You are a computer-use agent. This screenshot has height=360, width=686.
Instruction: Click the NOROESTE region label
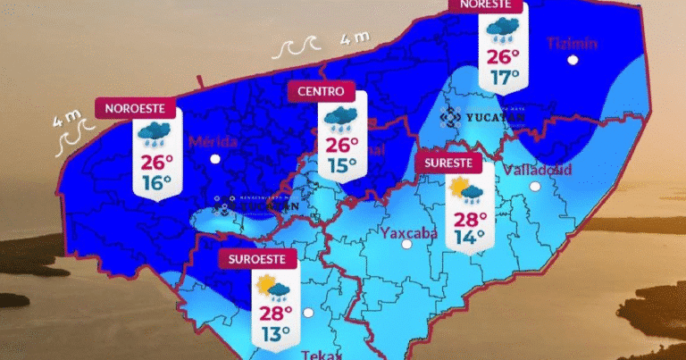(x=135, y=108)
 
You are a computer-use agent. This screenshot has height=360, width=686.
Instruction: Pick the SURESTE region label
(x=448, y=163)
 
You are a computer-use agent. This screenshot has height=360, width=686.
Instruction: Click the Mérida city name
(x=213, y=141)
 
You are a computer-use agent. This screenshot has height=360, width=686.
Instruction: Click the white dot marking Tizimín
(x=573, y=60)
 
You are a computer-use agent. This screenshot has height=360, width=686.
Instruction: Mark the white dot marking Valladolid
(x=535, y=187)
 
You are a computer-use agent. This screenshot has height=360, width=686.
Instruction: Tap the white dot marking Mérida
(x=214, y=159)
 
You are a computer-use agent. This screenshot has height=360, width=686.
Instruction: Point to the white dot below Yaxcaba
(x=406, y=244)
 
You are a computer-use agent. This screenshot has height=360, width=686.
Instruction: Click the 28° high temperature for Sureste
(x=470, y=220)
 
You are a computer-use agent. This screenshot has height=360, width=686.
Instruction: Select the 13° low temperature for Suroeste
(x=275, y=333)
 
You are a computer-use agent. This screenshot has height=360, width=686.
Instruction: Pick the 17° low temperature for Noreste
(x=503, y=77)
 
